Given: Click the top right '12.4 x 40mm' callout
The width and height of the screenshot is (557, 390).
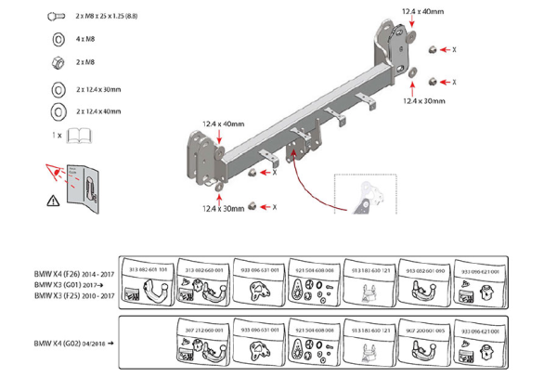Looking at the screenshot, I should tap(423, 12).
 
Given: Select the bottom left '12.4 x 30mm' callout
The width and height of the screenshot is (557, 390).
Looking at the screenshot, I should tap(222, 209).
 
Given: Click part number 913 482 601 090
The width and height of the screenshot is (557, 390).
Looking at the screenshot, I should tap(423, 269).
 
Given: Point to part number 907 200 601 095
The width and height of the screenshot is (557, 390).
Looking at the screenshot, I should tap(423, 330).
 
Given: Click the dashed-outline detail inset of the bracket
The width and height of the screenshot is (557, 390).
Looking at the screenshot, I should tap(365, 193).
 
